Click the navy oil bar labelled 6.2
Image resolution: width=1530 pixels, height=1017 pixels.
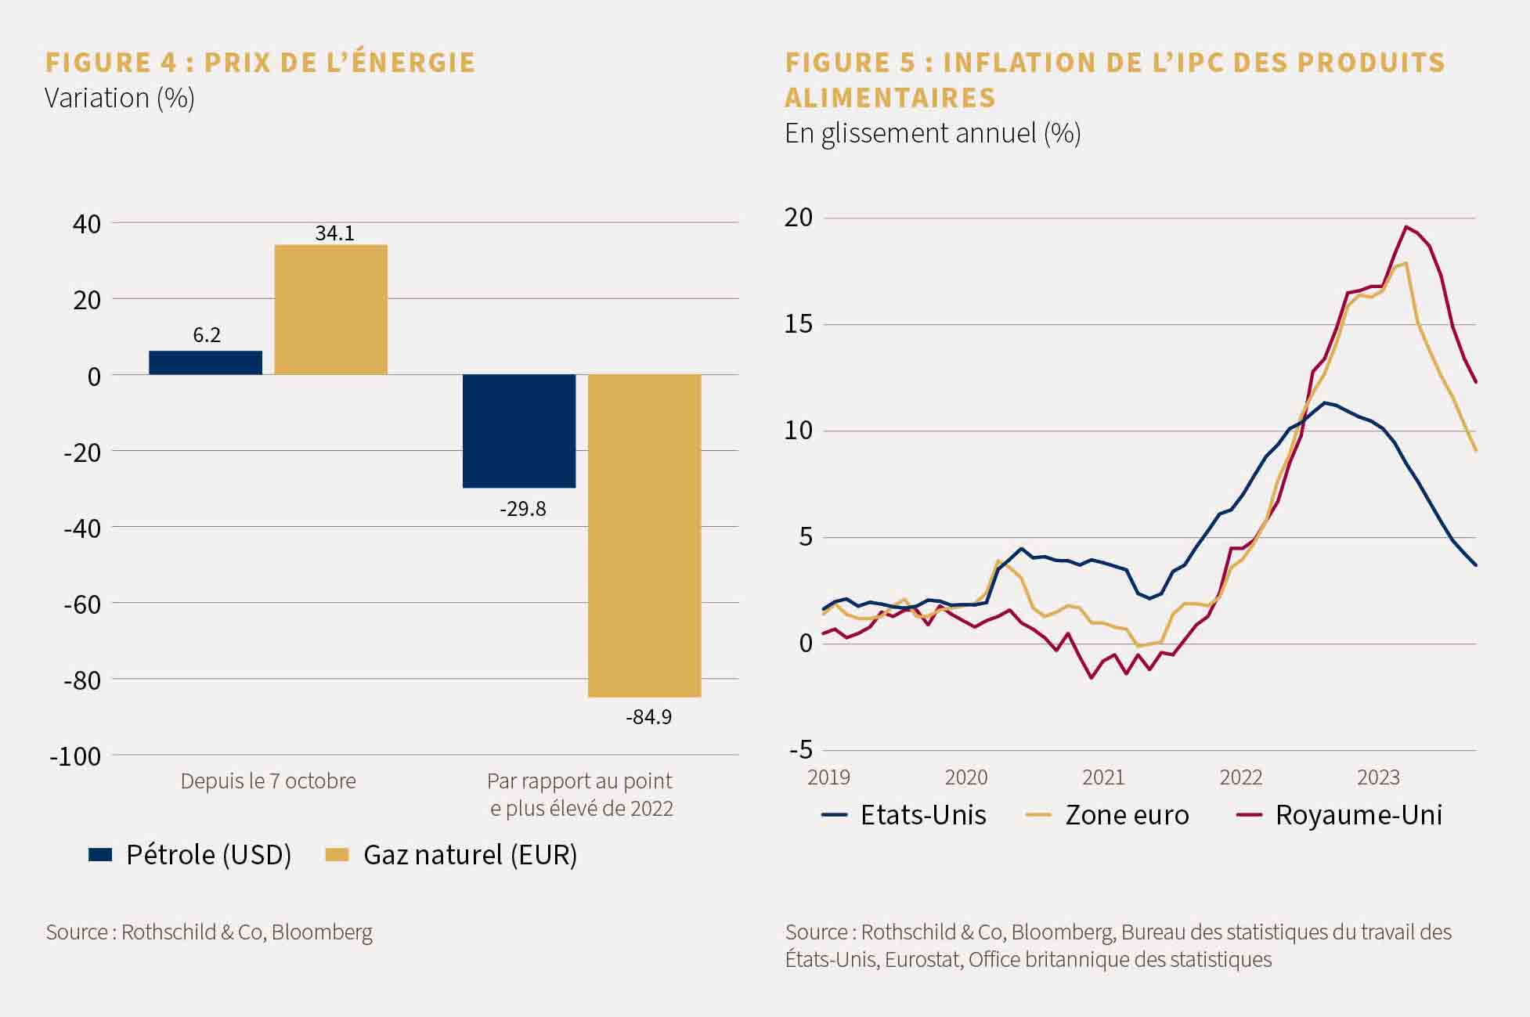pos(205,362)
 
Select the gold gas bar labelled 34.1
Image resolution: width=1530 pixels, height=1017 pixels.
pos(330,310)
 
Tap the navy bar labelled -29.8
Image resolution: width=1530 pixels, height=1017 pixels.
pos(519,431)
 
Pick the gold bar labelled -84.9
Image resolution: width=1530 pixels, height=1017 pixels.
pos(644,536)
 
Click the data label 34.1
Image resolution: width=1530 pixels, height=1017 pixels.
pos(334,233)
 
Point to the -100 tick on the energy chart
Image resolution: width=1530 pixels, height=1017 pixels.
pos(75,756)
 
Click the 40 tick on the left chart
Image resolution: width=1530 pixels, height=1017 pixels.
pos(87,224)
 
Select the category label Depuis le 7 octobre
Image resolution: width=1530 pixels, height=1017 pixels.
pos(268,781)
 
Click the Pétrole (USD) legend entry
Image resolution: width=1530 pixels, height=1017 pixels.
pos(190,854)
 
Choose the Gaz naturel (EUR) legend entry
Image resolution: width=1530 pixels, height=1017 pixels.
pos(451,854)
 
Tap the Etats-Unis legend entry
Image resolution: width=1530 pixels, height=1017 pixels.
pos(904,815)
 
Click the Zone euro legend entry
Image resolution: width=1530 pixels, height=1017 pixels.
pos(1107,815)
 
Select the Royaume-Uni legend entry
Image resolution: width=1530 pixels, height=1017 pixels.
pos(1339,815)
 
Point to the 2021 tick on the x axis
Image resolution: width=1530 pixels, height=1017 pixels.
pos(1103,777)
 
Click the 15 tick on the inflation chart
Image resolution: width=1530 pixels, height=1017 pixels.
pos(799,324)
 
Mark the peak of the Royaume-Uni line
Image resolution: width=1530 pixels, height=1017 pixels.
pos(1406,227)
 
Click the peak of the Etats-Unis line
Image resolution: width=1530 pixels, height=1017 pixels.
pos(1324,402)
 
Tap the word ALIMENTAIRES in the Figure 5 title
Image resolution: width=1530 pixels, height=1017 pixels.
pos(890,98)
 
